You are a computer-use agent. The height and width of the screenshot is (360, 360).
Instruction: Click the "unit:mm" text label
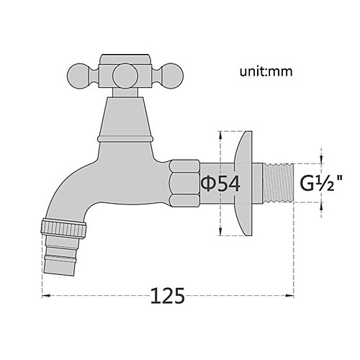coord(266,71)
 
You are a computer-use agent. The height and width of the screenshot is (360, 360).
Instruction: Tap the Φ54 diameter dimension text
coord(220,184)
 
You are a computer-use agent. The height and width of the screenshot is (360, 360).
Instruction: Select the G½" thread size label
coord(321,183)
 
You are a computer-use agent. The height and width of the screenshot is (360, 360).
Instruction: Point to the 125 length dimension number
coord(168,295)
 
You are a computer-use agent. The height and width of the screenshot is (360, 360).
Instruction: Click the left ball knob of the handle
coord(79,76)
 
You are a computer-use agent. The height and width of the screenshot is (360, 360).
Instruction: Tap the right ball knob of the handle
coord(171,76)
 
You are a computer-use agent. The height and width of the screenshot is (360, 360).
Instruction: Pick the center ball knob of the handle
coord(125,76)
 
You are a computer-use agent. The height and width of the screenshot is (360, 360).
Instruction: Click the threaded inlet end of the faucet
coord(279,184)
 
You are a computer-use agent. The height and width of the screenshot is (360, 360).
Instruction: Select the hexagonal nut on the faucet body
coord(184,184)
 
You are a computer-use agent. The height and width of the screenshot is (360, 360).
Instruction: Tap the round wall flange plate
coord(244,184)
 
